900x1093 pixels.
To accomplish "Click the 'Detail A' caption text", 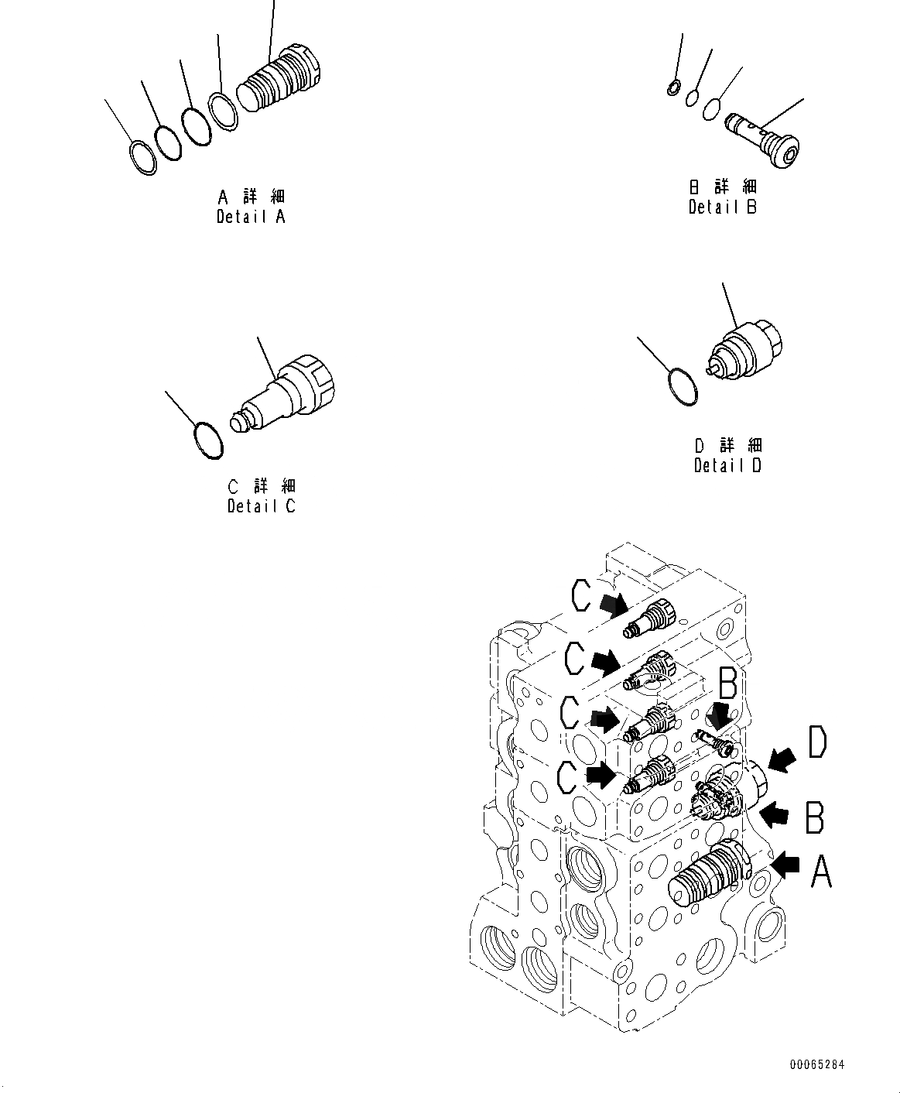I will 251,217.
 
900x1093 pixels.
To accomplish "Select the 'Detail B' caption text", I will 723,207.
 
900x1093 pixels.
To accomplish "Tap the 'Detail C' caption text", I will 262,506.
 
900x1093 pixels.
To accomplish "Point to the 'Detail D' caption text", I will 727,465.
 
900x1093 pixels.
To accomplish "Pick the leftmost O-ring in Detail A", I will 142,158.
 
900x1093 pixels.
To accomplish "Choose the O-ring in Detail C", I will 207,439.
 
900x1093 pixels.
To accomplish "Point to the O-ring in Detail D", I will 683,386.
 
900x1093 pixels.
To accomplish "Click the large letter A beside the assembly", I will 821,875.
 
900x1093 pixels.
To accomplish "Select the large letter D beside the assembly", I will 817,742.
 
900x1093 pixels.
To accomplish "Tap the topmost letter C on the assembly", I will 582,597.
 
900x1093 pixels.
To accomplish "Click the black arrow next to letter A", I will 785,865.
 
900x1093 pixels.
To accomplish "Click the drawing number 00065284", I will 817,1065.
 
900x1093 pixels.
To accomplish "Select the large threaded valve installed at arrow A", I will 710,874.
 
